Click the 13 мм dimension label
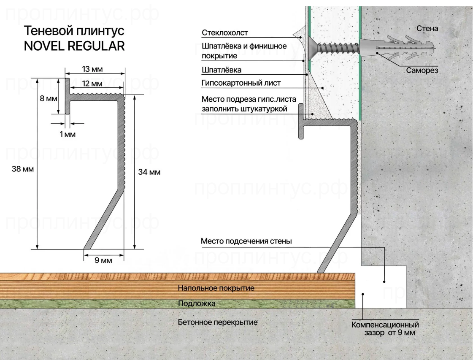[x=92, y=69]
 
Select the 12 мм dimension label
[x=92, y=84]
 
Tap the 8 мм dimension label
[x=48, y=98]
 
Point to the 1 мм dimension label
[x=67, y=134]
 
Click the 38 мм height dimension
[x=23, y=169]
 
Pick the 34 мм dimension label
[x=149, y=172]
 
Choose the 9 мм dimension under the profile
[x=103, y=260]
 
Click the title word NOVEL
[x=44, y=46]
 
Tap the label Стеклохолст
[x=225, y=32]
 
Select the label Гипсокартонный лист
[x=241, y=83]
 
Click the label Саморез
[x=422, y=70]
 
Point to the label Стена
[x=427, y=29]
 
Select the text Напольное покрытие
[x=216, y=288]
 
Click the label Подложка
[x=197, y=303]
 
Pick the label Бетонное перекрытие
[x=217, y=322]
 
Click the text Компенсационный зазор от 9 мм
[x=385, y=329]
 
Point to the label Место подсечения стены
[x=246, y=241]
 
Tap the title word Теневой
[x=47, y=31]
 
